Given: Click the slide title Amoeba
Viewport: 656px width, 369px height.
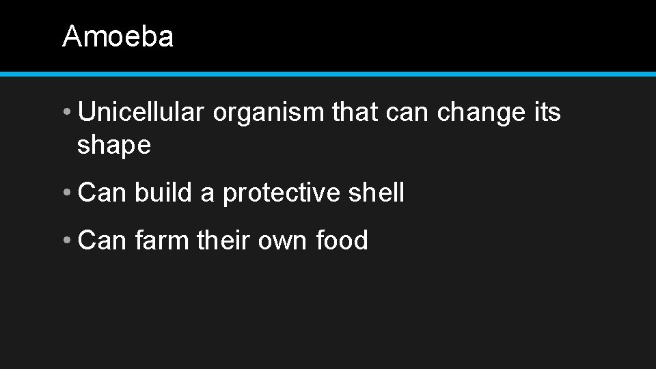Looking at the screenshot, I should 118,36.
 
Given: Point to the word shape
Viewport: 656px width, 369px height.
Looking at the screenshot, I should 114,145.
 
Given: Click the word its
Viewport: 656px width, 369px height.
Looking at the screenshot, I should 546,111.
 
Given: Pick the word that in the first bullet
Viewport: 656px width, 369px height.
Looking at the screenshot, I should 355,111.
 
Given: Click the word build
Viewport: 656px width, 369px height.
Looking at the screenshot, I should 164,193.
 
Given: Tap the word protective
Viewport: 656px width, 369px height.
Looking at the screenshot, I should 281,194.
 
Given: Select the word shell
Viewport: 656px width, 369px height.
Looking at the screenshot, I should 376,193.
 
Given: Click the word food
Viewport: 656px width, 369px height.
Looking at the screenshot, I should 342,241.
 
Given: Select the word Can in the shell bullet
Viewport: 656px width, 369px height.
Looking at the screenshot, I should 102,193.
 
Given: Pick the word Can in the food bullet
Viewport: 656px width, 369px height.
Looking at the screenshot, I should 102,241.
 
